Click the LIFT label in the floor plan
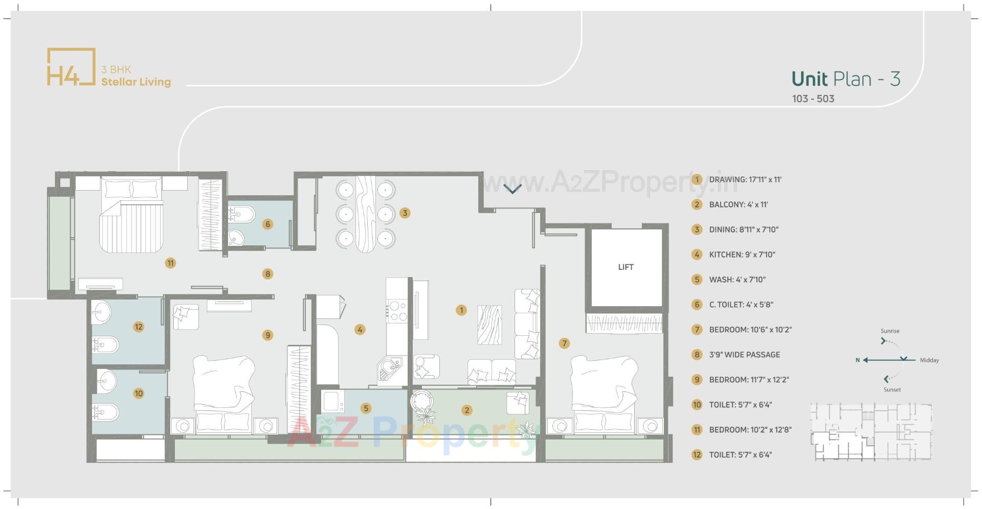(x=626, y=267)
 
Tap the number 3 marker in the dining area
(x=405, y=213)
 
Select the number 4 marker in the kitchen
(x=360, y=330)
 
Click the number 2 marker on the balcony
(x=466, y=410)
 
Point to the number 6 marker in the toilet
(x=267, y=224)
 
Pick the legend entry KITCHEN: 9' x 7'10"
(x=742, y=254)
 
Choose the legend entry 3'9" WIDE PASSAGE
(x=744, y=355)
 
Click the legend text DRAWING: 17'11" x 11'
(x=745, y=180)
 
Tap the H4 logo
(x=71, y=67)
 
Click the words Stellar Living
(x=136, y=82)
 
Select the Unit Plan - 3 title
(x=845, y=79)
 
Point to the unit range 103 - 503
(x=813, y=99)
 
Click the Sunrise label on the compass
(x=890, y=331)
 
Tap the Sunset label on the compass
(x=892, y=389)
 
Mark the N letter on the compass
(x=858, y=360)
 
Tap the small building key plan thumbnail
(x=871, y=432)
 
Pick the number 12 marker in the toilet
(x=138, y=327)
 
